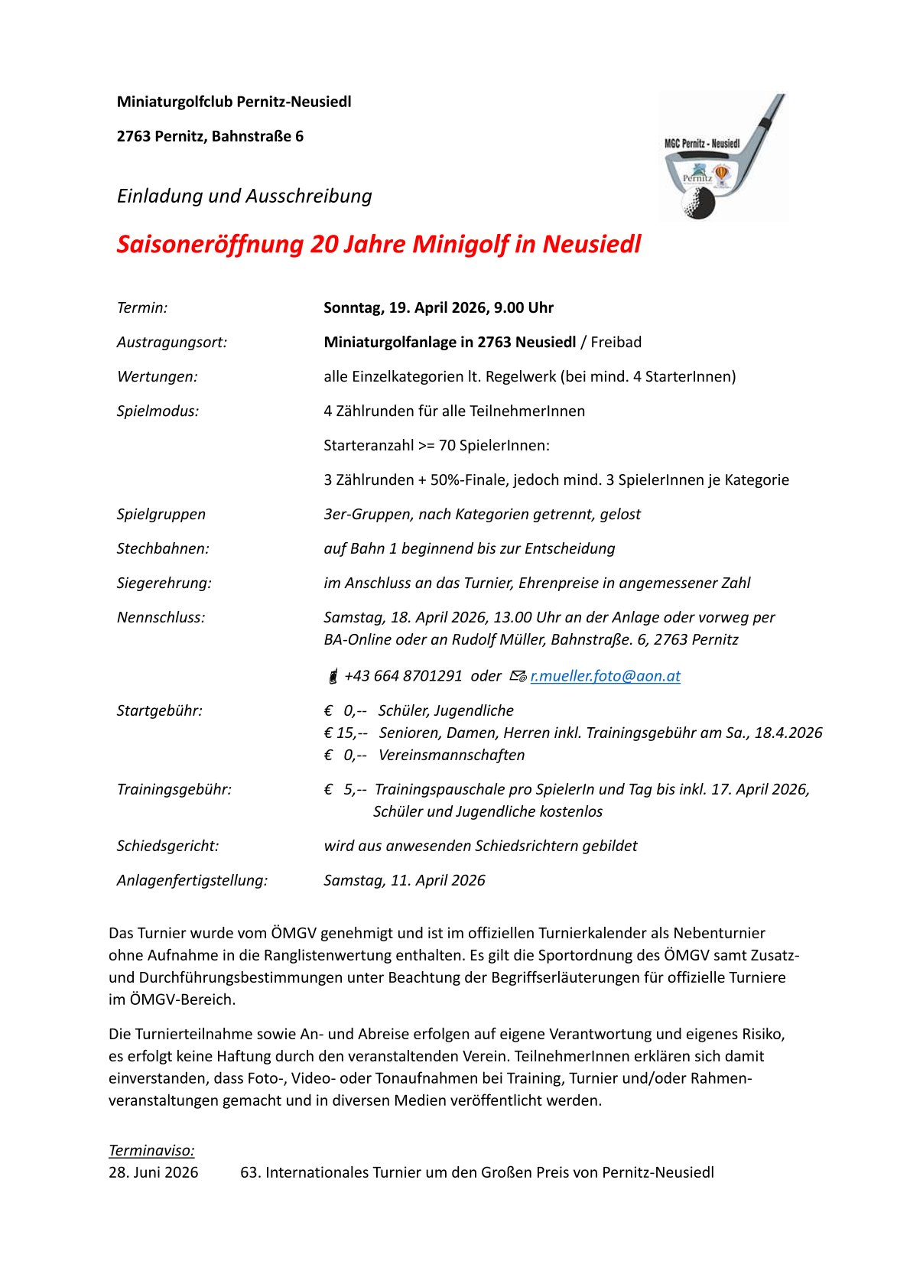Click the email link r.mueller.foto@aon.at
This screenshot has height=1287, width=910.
tap(605, 676)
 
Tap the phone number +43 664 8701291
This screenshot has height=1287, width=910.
tap(403, 676)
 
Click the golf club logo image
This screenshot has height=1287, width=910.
tap(723, 158)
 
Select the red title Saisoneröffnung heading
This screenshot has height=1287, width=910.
tap(379, 245)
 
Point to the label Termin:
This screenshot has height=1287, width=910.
tap(142, 308)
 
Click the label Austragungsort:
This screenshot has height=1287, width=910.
tap(172, 343)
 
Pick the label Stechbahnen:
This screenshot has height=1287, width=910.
tap(163, 549)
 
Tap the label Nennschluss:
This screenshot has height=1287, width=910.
tap(161, 618)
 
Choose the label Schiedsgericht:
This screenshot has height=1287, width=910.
tap(167, 847)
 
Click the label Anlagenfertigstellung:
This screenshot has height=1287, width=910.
tap(192, 881)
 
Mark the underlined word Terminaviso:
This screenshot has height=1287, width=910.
tap(151, 1151)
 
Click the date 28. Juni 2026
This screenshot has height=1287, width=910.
tap(153, 1173)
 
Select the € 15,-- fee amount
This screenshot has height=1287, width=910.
tap(346, 733)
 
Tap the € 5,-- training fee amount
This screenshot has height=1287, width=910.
tap(345, 790)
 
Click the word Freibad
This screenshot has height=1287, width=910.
tap(616, 343)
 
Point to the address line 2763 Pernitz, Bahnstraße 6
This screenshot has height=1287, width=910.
tap(210, 137)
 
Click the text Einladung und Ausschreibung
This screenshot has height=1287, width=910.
tap(244, 197)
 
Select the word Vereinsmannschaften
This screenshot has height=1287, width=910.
tap(451, 756)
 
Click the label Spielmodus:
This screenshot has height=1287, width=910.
tap(158, 411)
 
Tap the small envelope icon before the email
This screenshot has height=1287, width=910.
tap(518, 677)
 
